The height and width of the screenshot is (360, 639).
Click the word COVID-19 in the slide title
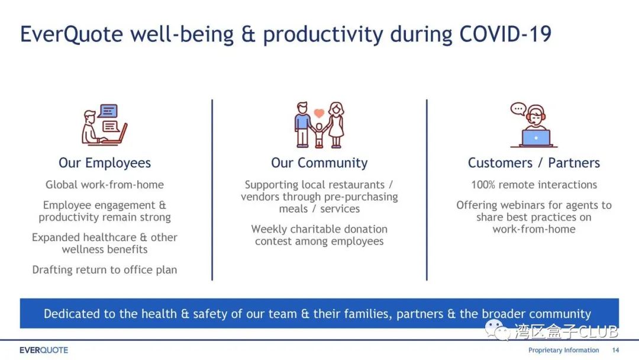point(505,34)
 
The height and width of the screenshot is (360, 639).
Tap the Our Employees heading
point(105,163)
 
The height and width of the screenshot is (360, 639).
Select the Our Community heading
point(319,163)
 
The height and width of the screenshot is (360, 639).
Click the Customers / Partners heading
point(534,163)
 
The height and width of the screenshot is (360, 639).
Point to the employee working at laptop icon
point(105,124)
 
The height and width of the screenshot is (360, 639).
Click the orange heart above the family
point(319,112)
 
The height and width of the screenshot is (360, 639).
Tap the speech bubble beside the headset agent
point(518,109)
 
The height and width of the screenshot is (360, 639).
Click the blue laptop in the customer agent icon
point(536,138)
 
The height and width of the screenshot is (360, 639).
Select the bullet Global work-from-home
point(105,185)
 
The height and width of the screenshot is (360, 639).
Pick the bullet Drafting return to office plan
point(105,270)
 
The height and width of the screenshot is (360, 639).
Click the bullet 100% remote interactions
point(534,185)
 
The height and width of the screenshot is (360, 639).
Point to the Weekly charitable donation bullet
point(319,235)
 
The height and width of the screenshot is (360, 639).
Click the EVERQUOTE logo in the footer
point(44,350)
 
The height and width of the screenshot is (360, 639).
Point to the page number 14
point(615,350)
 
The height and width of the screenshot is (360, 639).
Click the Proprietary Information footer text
point(564,350)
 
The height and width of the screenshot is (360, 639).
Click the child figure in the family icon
point(319,135)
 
